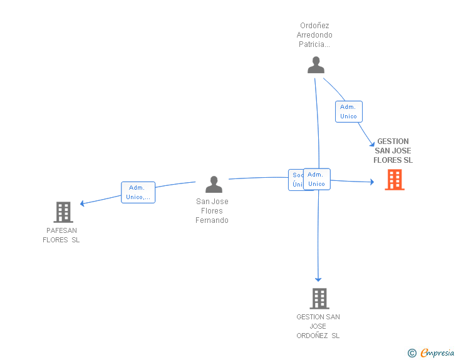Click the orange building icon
coord(394,180)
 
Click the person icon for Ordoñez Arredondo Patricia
coord(316,65)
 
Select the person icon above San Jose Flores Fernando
coord(214,185)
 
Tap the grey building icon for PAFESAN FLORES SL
coord(63,212)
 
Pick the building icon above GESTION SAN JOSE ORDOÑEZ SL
coord(319,299)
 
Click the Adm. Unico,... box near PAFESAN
coord(138,192)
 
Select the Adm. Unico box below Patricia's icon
coord(348,111)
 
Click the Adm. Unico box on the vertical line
coord(317,179)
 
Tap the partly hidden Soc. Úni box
coord(296,180)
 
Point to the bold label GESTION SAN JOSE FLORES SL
coord(393,151)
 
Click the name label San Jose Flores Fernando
coord(212,211)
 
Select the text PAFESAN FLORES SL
coord(61,235)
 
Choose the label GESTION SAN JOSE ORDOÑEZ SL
coord(318,326)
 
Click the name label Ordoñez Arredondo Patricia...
coord(314,36)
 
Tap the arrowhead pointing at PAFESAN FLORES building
coord(82,203)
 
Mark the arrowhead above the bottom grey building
coord(318,279)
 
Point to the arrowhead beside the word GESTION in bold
coord(372,145)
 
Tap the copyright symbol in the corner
coord(412,354)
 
